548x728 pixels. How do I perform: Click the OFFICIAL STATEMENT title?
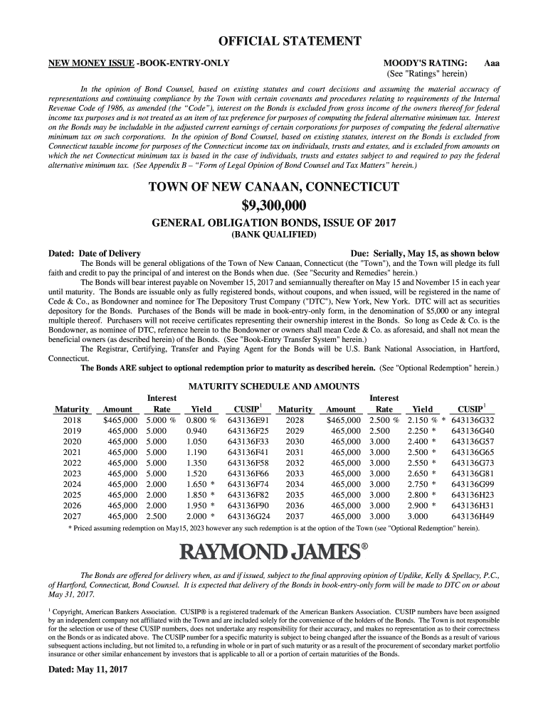point(274,41)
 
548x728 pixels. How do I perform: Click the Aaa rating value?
point(491,63)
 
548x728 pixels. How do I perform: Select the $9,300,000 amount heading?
point(274,206)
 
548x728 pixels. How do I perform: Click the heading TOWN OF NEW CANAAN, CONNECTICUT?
point(274,187)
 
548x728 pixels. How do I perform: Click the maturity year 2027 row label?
point(72,516)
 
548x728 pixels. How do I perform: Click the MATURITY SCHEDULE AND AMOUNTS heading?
point(274,386)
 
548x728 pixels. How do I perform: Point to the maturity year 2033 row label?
point(295,473)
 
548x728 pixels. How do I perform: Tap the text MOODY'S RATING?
point(425,63)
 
